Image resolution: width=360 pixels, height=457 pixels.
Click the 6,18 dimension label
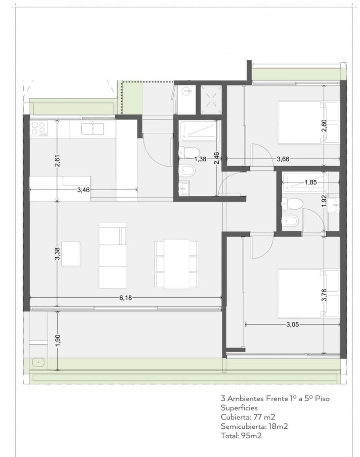click(126, 298)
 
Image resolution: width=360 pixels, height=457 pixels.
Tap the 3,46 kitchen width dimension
click(83, 190)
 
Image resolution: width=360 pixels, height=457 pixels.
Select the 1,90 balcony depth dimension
click(57, 340)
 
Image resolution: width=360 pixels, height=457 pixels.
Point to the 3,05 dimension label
click(293, 324)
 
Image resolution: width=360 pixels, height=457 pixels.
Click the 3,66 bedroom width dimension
click(283, 159)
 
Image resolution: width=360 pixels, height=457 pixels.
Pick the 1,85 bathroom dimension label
click(310, 182)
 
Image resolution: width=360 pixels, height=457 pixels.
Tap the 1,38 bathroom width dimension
click(200, 159)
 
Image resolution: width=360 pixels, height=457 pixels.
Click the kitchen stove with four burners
click(39, 128)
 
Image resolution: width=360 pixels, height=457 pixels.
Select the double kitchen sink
click(93, 129)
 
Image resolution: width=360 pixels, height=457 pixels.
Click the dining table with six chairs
click(177, 264)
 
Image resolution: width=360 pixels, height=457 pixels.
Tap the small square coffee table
click(71, 254)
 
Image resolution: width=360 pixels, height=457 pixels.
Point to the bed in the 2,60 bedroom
click(309, 122)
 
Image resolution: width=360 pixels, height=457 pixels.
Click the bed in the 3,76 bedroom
click(309, 293)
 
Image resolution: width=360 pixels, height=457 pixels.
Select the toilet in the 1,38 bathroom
click(189, 151)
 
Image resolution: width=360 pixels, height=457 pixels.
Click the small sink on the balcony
click(38, 363)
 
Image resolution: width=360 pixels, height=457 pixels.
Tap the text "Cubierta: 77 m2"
click(248, 417)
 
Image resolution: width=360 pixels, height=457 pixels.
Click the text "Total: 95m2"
click(241, 436)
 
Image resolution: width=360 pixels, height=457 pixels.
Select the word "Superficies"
click(239, 408)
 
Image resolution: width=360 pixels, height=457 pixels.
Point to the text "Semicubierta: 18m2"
click(254, 427)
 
